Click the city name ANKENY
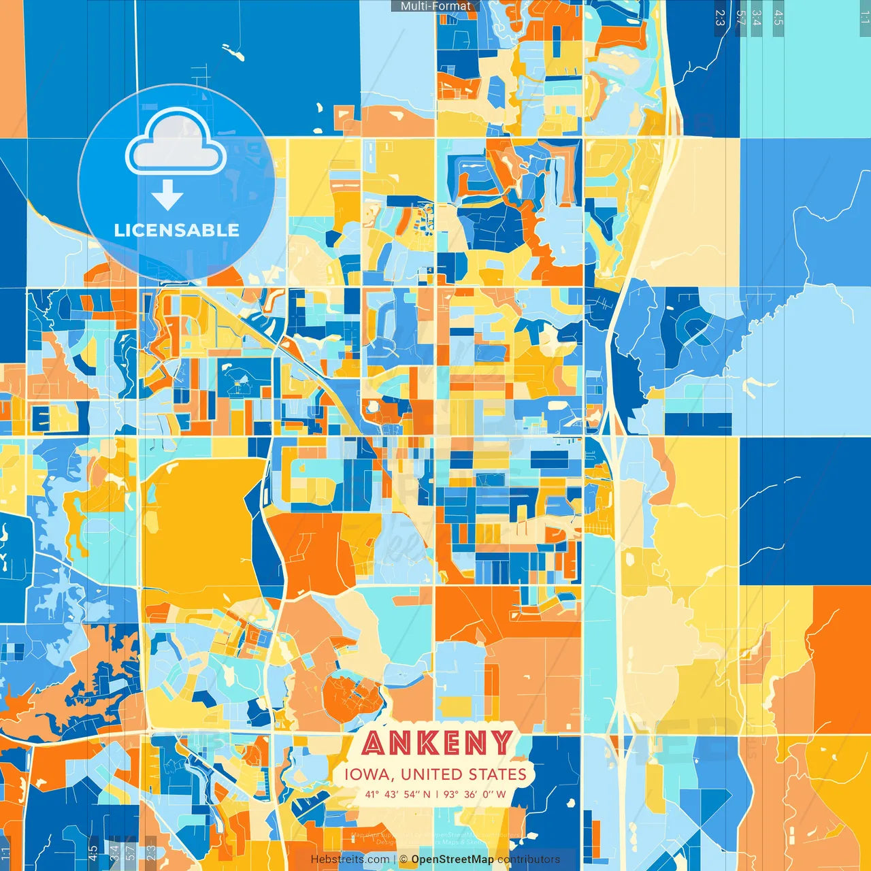[437, 743]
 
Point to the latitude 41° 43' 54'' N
[397, 794]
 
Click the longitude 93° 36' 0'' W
[475, 794]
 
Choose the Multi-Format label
[435, 6]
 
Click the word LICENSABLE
[177, 230]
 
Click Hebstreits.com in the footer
[350, 859]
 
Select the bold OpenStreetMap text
[453, 859]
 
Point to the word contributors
[529, 859]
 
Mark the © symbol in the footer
[404, 859]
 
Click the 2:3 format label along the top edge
[720, 18]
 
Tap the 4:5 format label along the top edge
[778, 18]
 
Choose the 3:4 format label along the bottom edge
[114, 851]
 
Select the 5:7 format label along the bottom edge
[131, 851]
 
